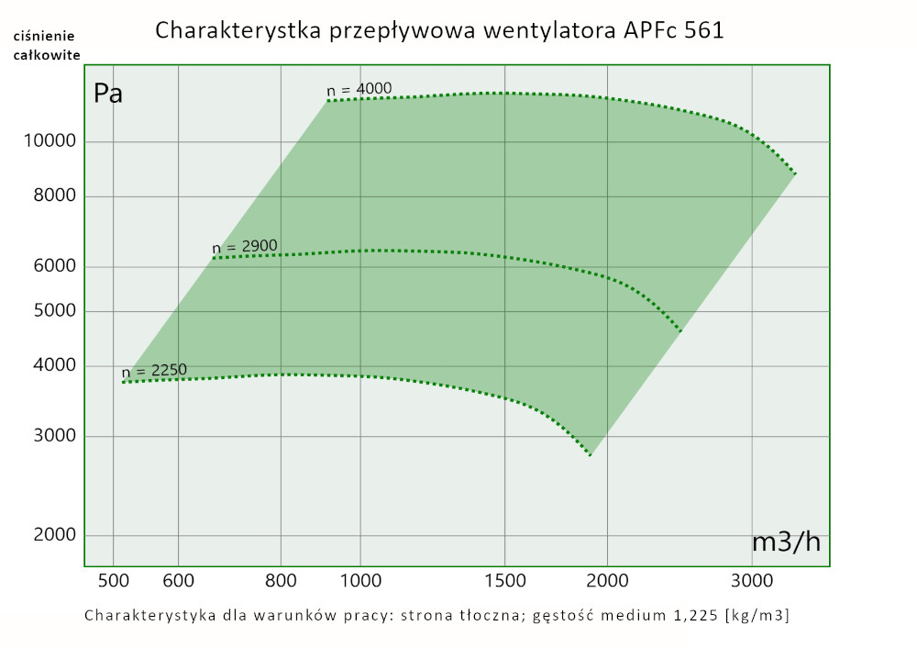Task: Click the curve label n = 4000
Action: tap(359, 89)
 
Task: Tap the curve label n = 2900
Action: tap(245, 247)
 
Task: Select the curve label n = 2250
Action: tap(154, 371)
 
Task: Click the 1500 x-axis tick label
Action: tap(504, 580)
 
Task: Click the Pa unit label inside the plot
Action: tap(108, 94)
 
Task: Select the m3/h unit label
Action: tap(786, 542)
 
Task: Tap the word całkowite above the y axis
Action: tap(46, 55)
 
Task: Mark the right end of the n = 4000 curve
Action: tap(795, 173)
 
